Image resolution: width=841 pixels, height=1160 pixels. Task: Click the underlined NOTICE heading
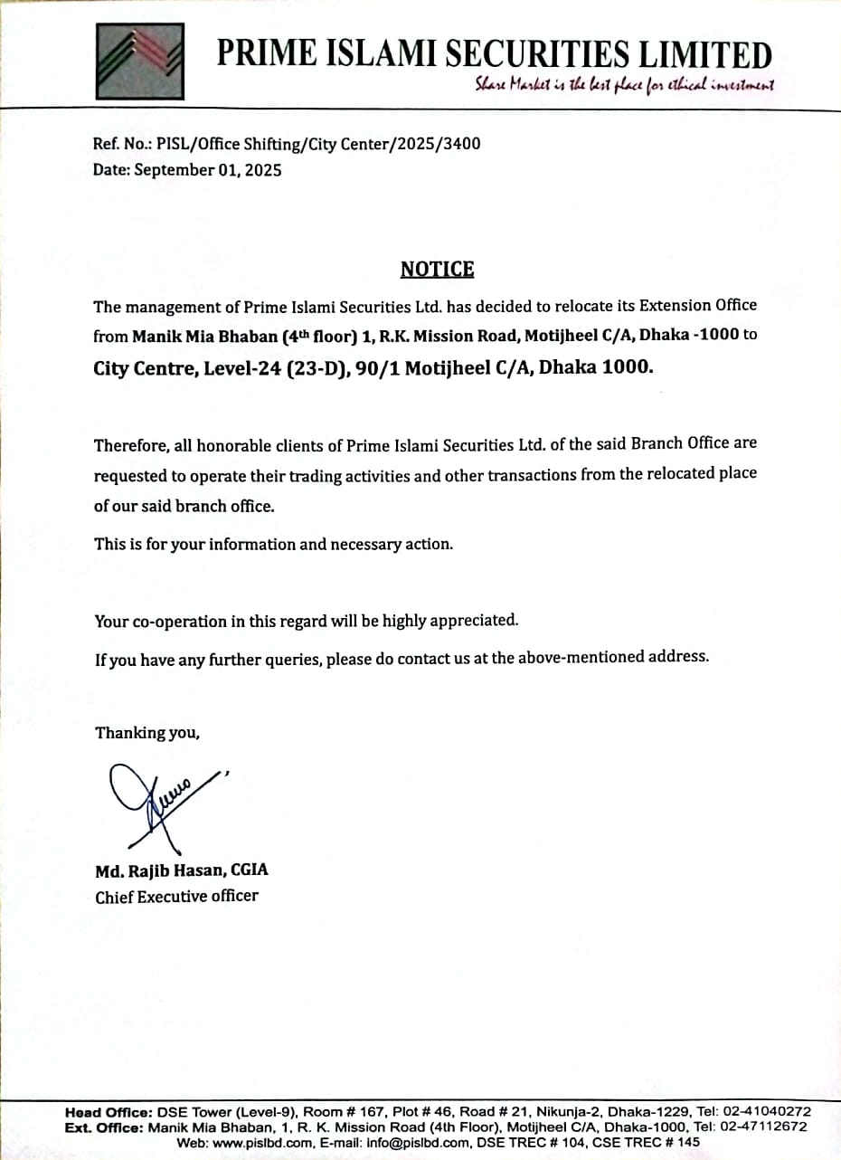coord(437,269)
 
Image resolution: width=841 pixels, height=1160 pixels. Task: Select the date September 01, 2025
coord(208,169)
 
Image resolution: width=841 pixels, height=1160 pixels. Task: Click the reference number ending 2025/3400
coord(318,143)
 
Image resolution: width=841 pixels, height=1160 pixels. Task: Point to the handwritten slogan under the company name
coord(625,85)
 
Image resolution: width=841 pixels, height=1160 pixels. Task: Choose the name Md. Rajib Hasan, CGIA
coord(182,870)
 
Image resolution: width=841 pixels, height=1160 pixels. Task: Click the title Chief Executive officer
coord(176,897)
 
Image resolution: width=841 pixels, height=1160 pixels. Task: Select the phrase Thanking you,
coord(147,733)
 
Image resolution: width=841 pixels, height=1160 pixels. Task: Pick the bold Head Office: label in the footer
coord(109,1111)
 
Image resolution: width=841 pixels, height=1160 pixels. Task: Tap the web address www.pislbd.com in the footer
coord(258,1142)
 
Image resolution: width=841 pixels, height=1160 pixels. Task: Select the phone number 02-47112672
coord(765,1127)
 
